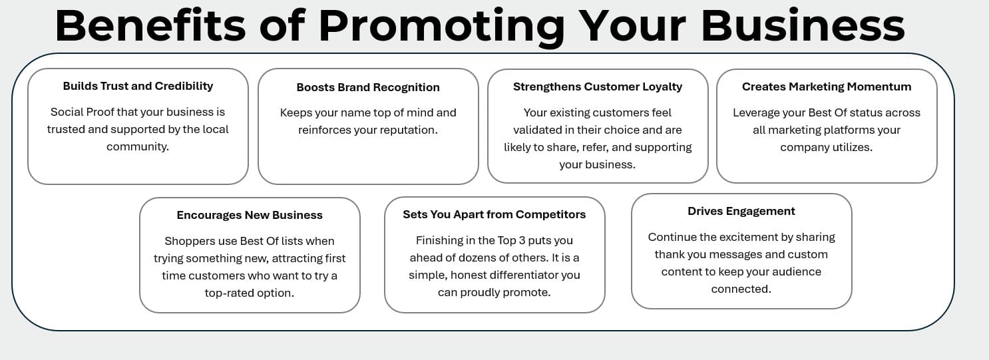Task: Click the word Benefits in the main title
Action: (150, 25)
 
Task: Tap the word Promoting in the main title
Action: (441, 27)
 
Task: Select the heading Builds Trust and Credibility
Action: (138, 86)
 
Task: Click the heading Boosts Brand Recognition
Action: (368, 87)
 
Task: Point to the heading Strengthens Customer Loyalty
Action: (598, 87)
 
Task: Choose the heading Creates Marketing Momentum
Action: (827, 87)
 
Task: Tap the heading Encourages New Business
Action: (250, 215)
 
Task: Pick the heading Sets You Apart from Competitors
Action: (494, 214)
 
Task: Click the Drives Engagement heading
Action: (741, 211)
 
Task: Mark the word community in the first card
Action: (137, 146)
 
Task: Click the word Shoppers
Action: (188, 241)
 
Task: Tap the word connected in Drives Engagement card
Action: (741, 289)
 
